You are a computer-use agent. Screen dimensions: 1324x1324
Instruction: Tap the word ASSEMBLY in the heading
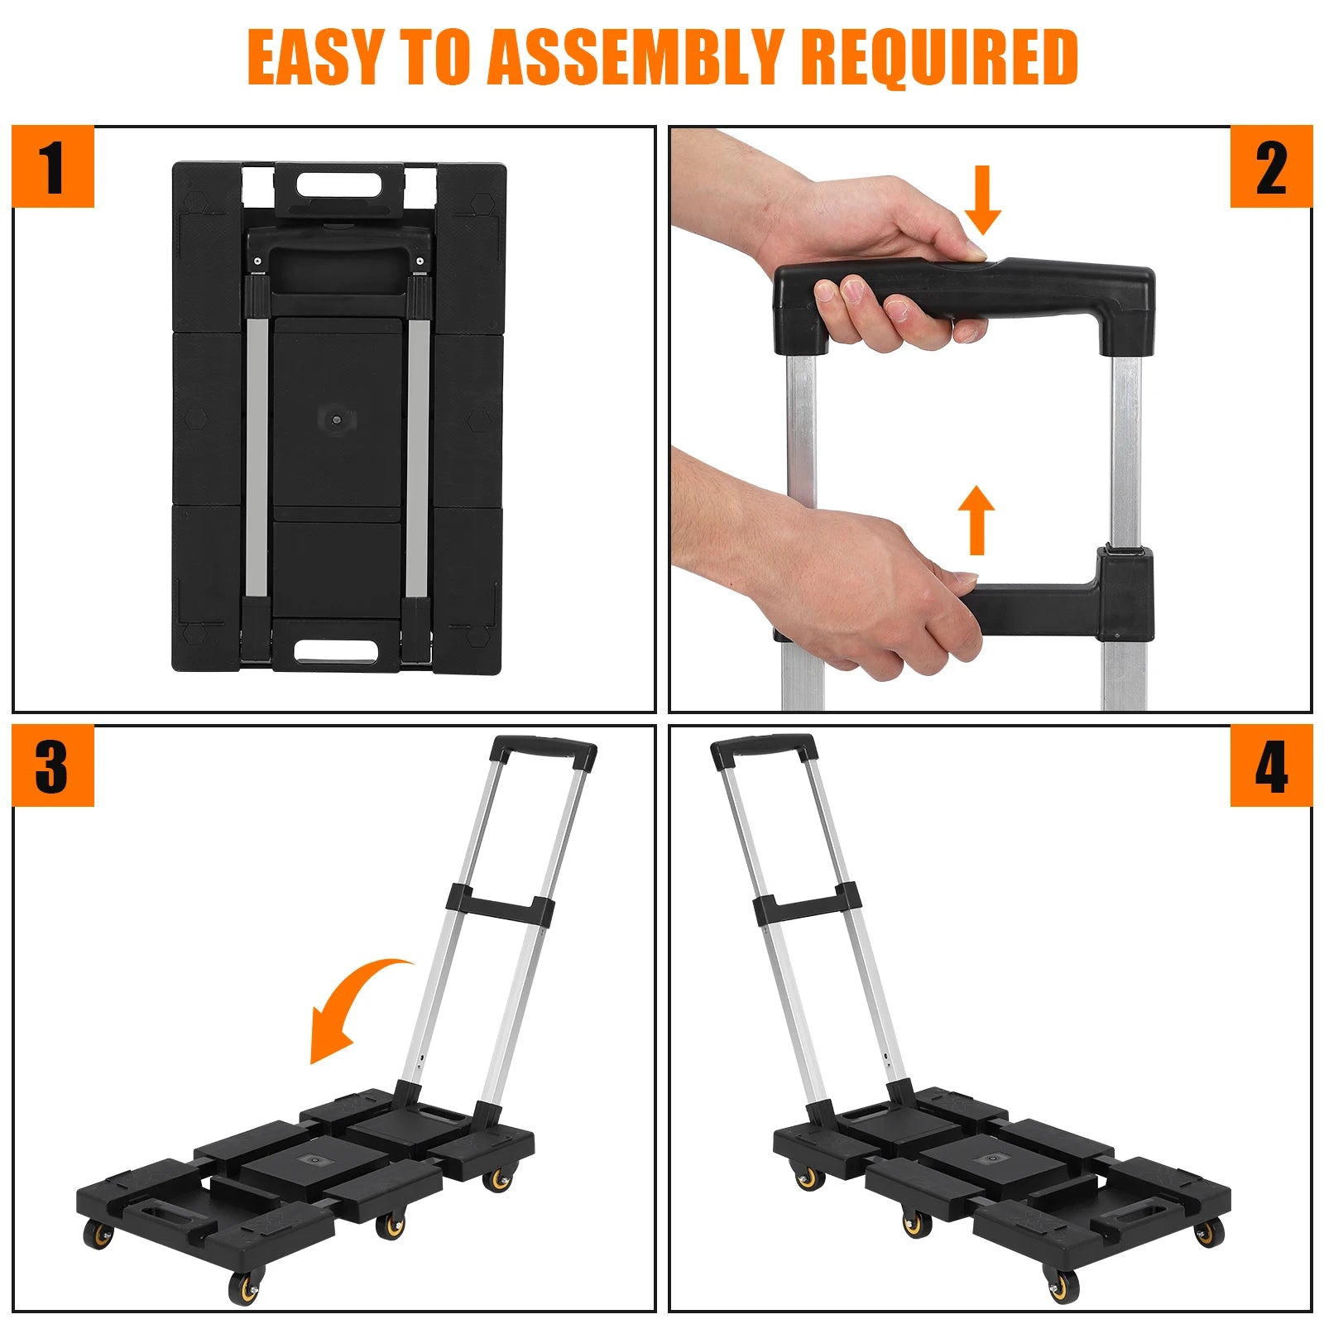tap(634, 56)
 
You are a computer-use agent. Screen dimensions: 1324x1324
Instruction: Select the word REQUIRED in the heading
tap(939, 56)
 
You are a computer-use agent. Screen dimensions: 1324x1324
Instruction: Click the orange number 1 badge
tap(53, 166)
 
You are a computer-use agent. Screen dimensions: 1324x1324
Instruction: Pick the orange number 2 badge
tap(1271, 166)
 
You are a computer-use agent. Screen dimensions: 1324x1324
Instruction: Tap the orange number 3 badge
tap(53, 765)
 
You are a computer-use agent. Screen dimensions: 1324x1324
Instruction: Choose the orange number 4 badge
tap(1271, 765)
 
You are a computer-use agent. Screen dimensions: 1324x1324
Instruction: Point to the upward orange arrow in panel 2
tap(977, 520)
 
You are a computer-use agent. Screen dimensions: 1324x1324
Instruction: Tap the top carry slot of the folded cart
tap(338, 184)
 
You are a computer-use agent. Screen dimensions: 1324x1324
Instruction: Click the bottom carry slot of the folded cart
tap(336, 650)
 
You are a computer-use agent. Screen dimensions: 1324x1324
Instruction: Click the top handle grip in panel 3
tap(543, 751)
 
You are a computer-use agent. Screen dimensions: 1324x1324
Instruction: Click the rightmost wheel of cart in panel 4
tap(1210, 1232)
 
